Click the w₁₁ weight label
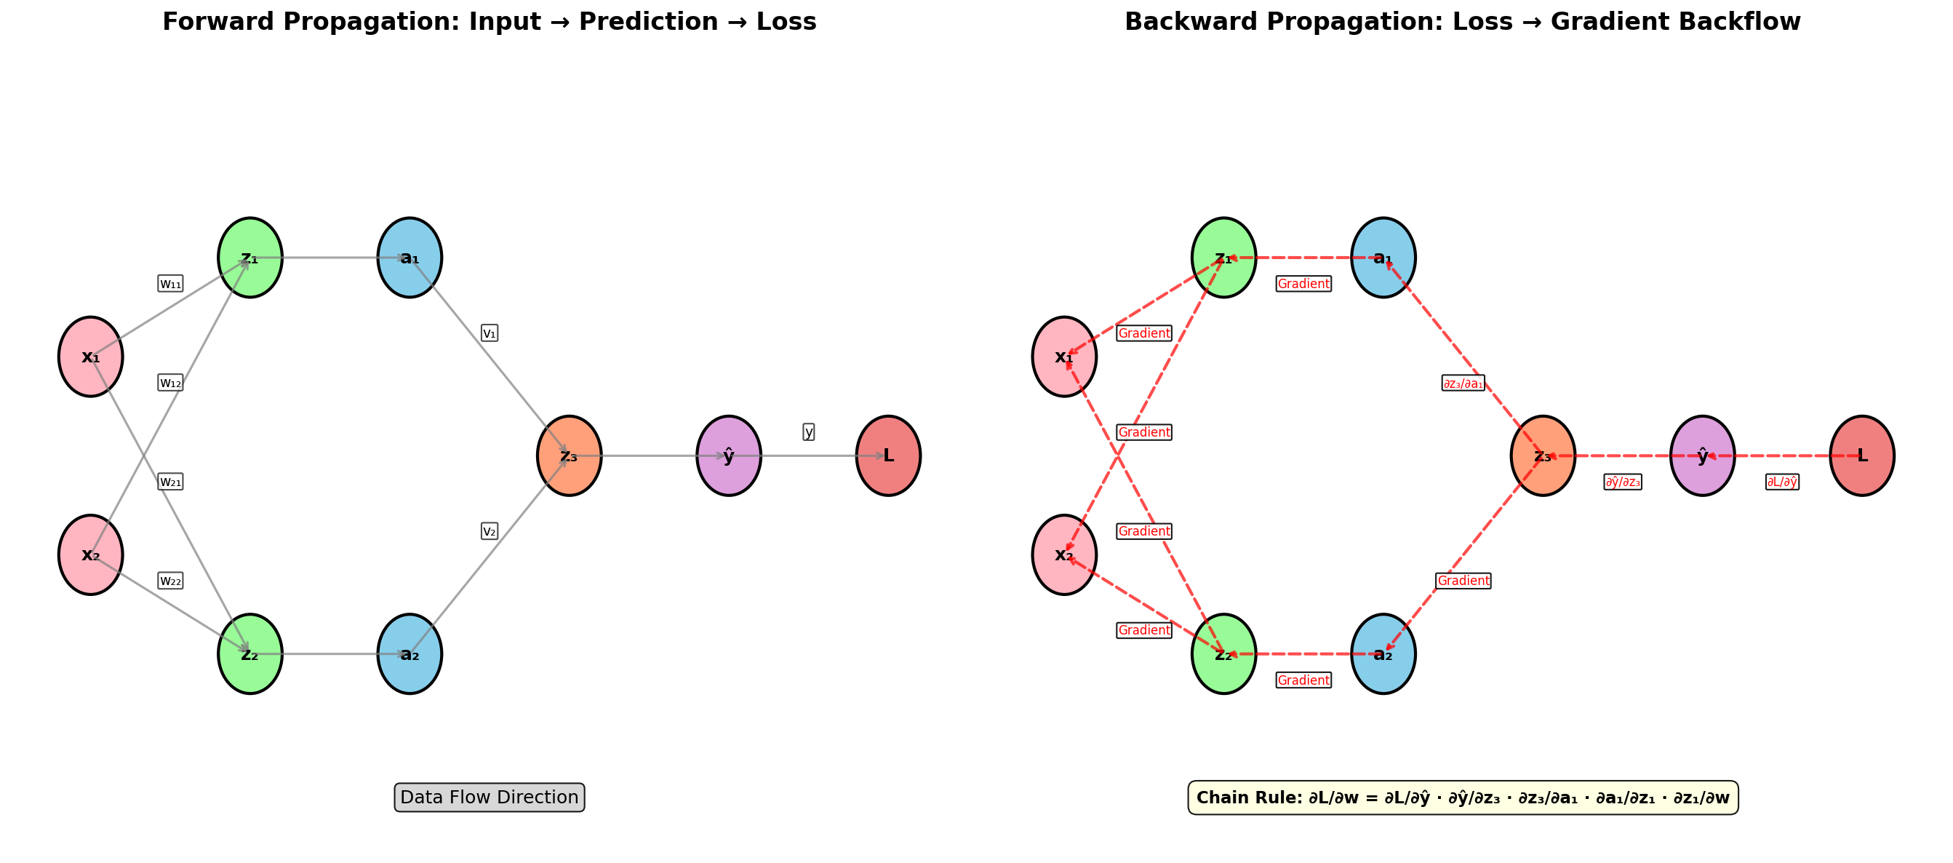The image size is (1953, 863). pos(171,284)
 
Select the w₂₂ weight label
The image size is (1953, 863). pos(171,581)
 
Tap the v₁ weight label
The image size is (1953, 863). pos(490,333)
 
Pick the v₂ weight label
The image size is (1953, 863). pos(490,531)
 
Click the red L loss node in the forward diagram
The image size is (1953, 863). pos(888,456)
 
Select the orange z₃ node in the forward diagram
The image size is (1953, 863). pos(569,456)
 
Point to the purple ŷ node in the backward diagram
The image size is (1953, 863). pos(1702,456)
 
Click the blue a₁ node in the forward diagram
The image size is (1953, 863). pos(410,258)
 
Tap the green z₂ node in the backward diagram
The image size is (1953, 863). pos(1223,653)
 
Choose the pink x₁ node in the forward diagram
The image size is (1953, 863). pos(90,357)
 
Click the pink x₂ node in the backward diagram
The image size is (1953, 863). pos(1063,554)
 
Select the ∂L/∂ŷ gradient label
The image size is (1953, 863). pos(1781,482)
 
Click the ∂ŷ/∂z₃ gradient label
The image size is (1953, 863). pos(1623,482)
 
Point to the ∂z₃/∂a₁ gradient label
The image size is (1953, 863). pos(1463,383)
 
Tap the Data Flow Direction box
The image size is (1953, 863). pos(489,797)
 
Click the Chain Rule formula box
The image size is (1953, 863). pos(1463,797)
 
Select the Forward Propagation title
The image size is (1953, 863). pos(489,21)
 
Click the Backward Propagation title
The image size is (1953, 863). pos(1463,21)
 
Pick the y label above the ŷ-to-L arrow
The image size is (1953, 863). pos(808,431)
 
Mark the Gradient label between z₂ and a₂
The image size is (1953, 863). pos(1303,680)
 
